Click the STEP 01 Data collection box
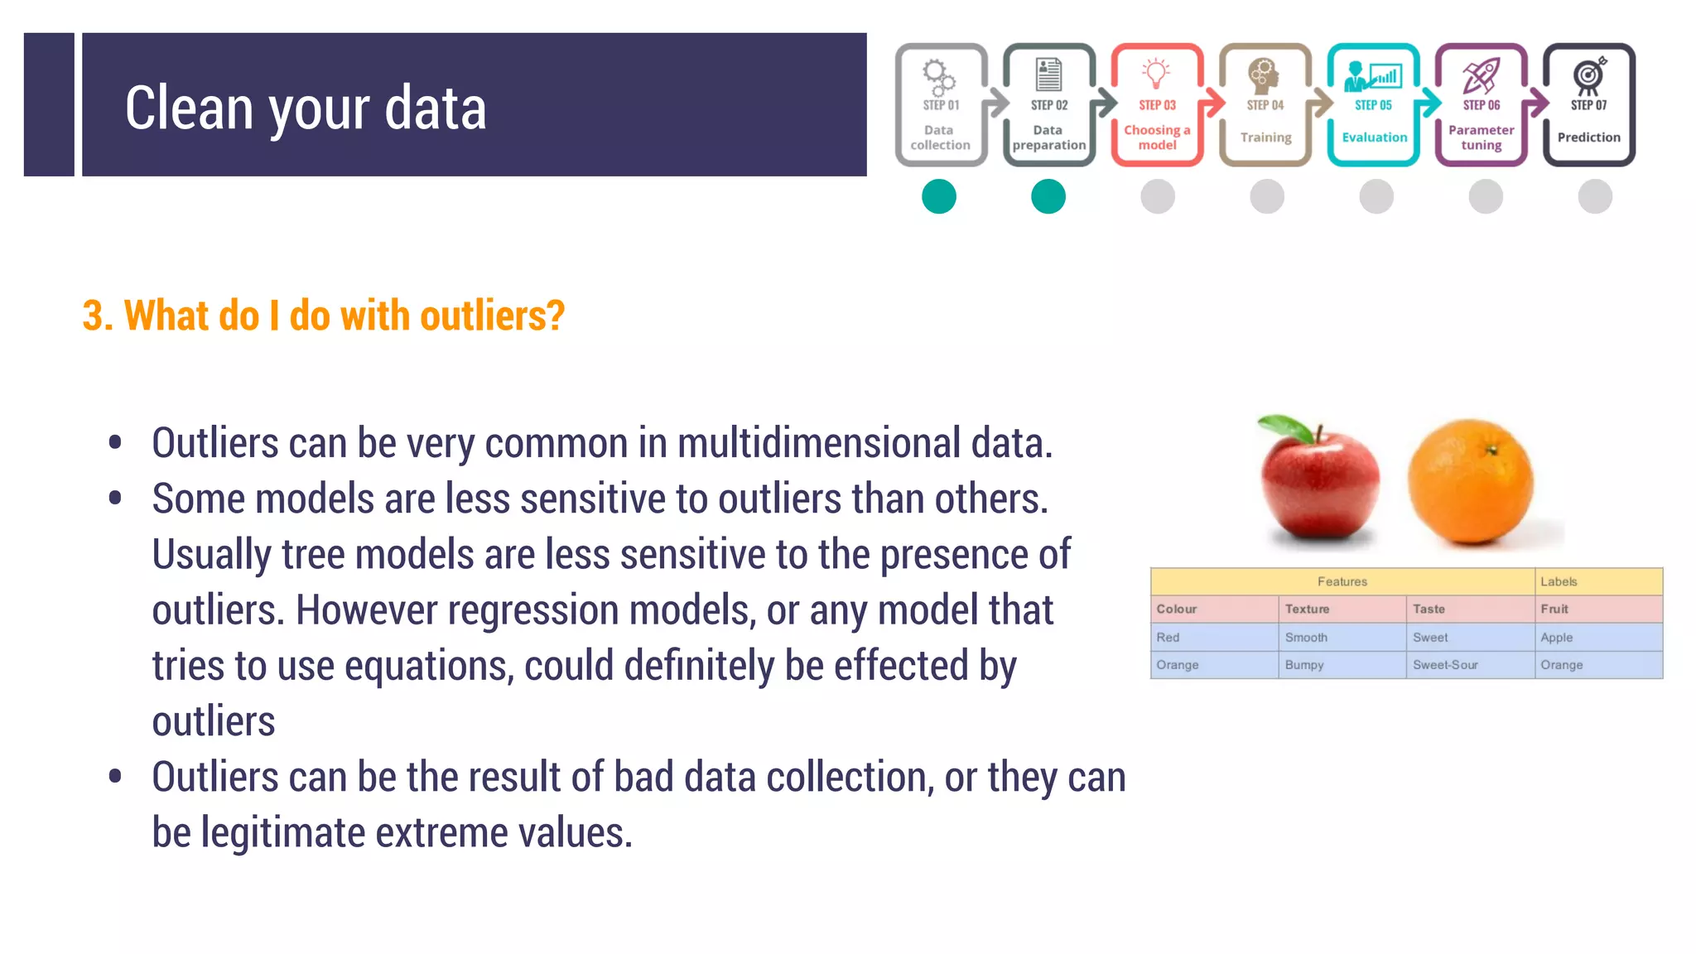(x=941, y=105)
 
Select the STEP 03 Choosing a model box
(x=1157, y=105)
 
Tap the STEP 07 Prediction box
(x=1588, y=105)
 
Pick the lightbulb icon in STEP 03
(x=1156, y=73)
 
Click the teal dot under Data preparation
(x=1048, y=197)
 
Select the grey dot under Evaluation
(x=1376, y=197)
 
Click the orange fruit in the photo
(x=1471, y=482)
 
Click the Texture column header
(x=1307, y=609)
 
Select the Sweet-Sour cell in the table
(x=1445, y=665)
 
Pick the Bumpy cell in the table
(x=1304, y=665)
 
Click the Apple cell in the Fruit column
(x=1557, y=638)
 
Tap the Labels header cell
(x=1559, y=582)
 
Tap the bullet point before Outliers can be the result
(x=115, y=776)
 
